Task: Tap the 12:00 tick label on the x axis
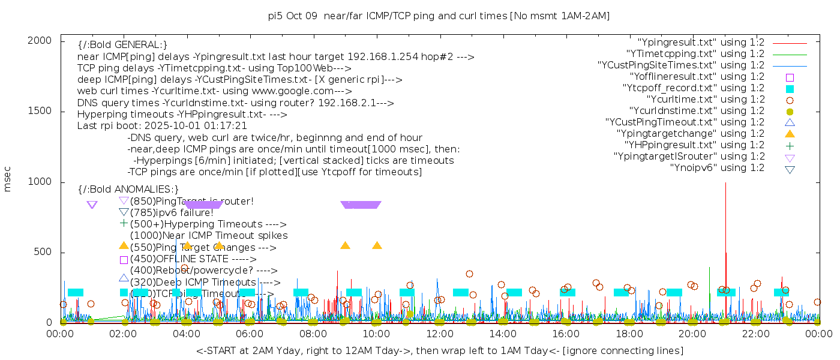[x=439, y=334]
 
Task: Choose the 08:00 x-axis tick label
[x=313, y=334]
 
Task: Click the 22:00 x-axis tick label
[x=755, y=334]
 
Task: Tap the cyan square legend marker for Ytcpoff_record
[x=790, y=88]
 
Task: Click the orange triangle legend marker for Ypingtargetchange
[x=790, y=133]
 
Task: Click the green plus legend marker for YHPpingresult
[x=790, y=145]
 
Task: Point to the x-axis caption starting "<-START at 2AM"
[x=439, y=350]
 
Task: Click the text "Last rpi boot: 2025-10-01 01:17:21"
[x=162, y=126]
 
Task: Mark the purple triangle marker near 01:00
[x=92, y=205]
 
